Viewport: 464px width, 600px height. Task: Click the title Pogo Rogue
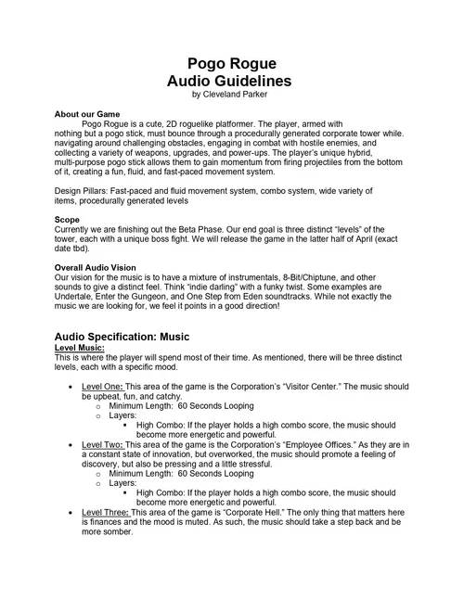232,63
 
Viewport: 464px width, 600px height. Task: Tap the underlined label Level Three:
107,512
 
